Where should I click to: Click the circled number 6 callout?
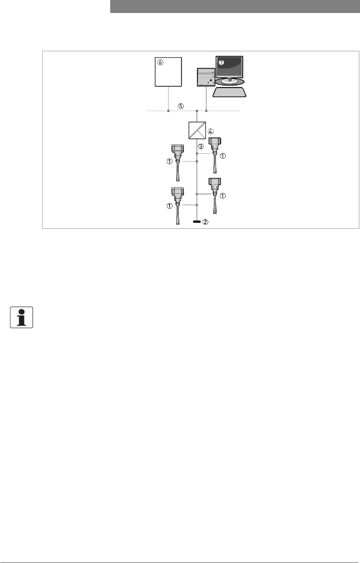(x=160, y=62)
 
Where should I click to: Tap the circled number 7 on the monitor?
(x=221, y=62)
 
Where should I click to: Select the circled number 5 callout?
(x=181, y=106)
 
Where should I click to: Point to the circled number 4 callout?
(x=210, y=131)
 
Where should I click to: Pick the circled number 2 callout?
(x=205, y=222)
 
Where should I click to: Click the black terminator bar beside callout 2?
(x=197, y=222)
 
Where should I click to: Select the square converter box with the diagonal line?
(x=197, y=130)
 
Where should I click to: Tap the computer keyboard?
(x=229, y=92)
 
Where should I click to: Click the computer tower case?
(x=206, y=77)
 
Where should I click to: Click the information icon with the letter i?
(x=22, y=317)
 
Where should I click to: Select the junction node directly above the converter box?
(x=197, y=111)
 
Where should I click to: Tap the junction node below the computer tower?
(x=206, y=111)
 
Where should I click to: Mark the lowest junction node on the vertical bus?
(x=197, y=205)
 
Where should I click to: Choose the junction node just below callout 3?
(x=197, y=153)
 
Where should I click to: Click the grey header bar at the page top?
(x=235, y=6)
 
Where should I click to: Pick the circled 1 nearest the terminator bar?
(x=170, y=206)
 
